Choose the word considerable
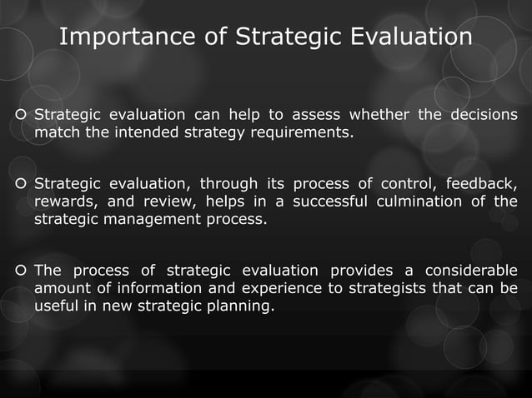(470, 271)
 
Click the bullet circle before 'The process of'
(20, 271)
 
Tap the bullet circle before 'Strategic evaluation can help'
(20, 114)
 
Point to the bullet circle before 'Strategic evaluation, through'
(20, 184)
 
